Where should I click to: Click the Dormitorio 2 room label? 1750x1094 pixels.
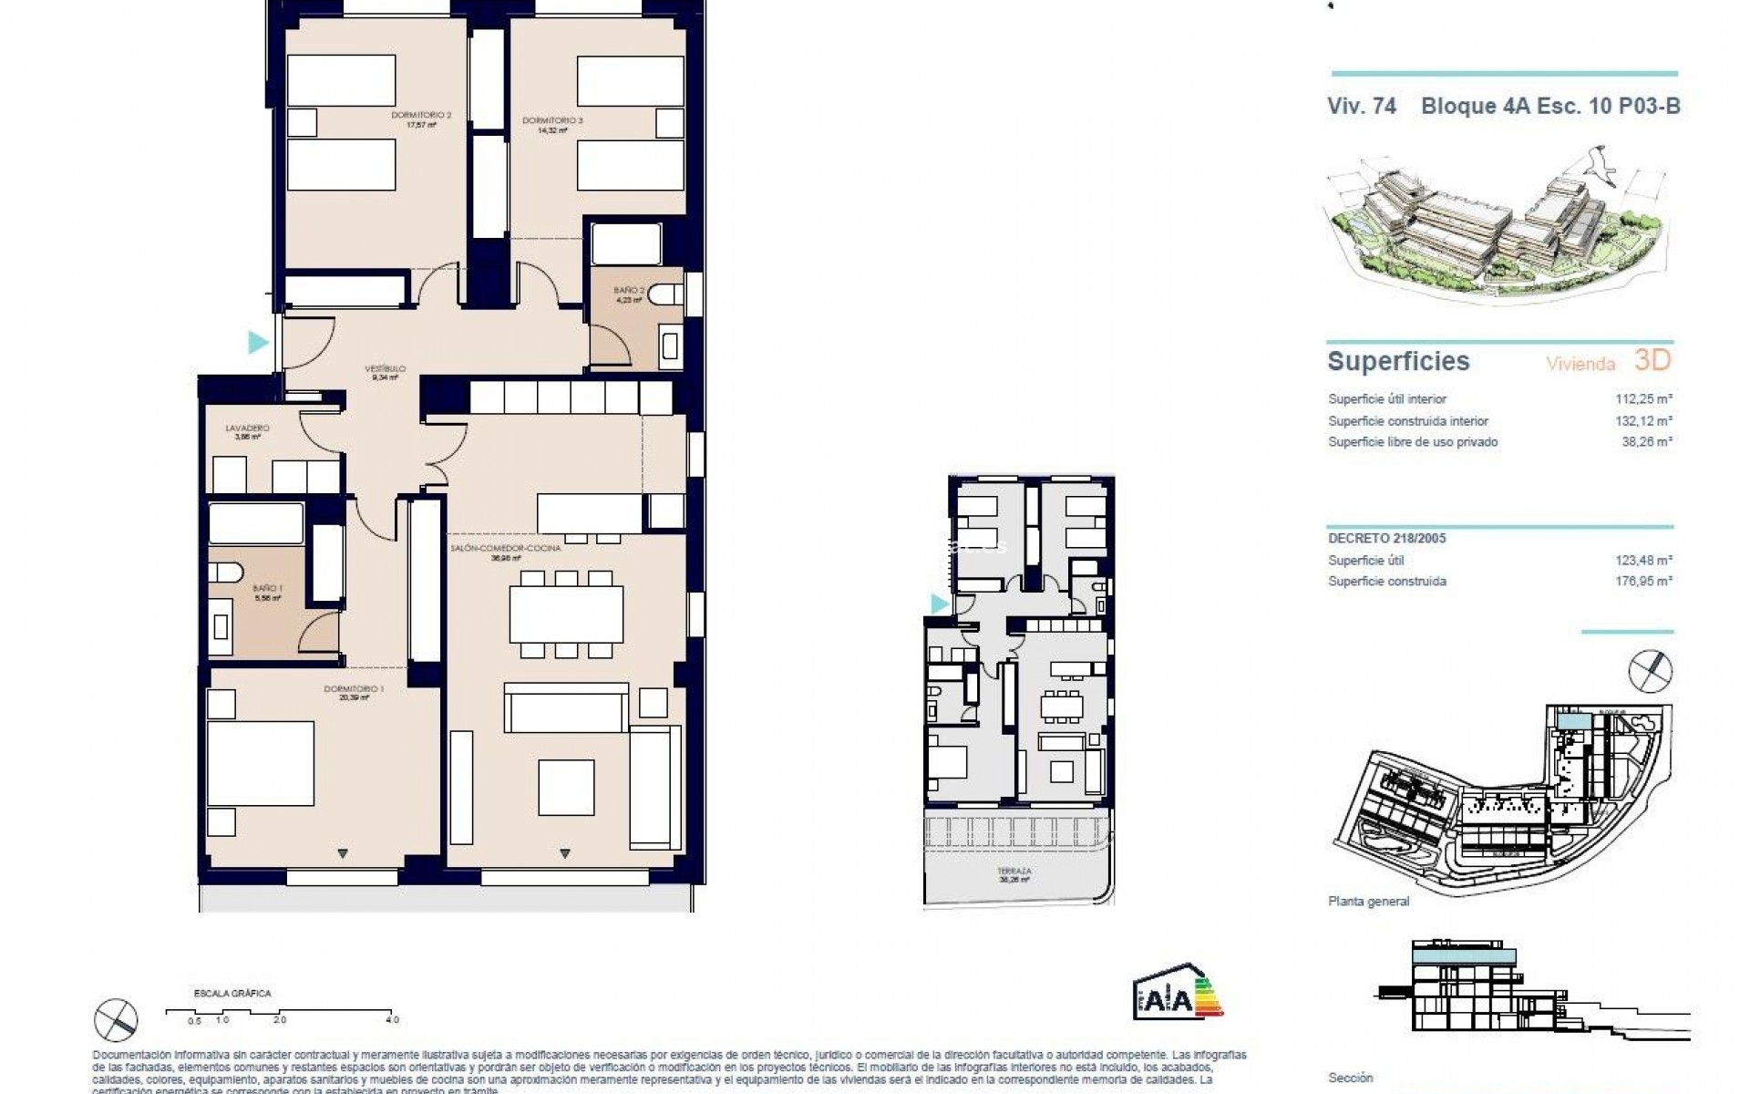pos(421,116)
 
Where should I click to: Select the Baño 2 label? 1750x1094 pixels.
pos(629,291)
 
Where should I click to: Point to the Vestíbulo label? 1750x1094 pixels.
pos(385,369)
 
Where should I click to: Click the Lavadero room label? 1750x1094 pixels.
pos(248,428)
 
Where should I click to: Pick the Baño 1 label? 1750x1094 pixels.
pos(267,589)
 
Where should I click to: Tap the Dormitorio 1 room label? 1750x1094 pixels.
pos(354,689)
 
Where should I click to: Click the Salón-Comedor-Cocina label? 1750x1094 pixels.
pos(506,549)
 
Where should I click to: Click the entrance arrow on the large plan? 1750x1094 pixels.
pos(259,343)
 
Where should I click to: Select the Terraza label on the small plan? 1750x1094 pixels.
pos(1014,872)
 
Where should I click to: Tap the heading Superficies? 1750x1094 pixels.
pos(1398,361)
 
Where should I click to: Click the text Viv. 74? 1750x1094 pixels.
pos(1362,106)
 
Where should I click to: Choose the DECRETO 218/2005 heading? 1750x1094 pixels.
pos(1387,539)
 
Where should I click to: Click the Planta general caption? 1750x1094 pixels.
pos(1368,902)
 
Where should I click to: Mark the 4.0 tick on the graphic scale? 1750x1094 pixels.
pos(392,1019)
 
